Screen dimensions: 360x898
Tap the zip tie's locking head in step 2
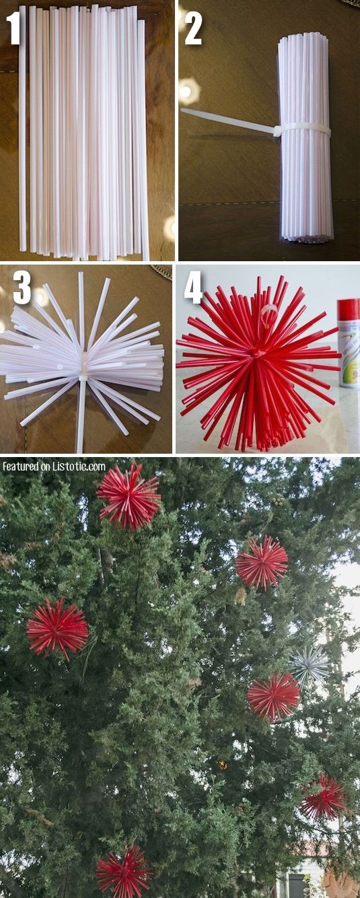click(x=277, y=131)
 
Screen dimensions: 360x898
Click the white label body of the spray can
click(x=349, y=353)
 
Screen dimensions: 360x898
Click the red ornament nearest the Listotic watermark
click(x=129, y=496)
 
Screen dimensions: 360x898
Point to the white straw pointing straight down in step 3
click(x=81, y=417)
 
